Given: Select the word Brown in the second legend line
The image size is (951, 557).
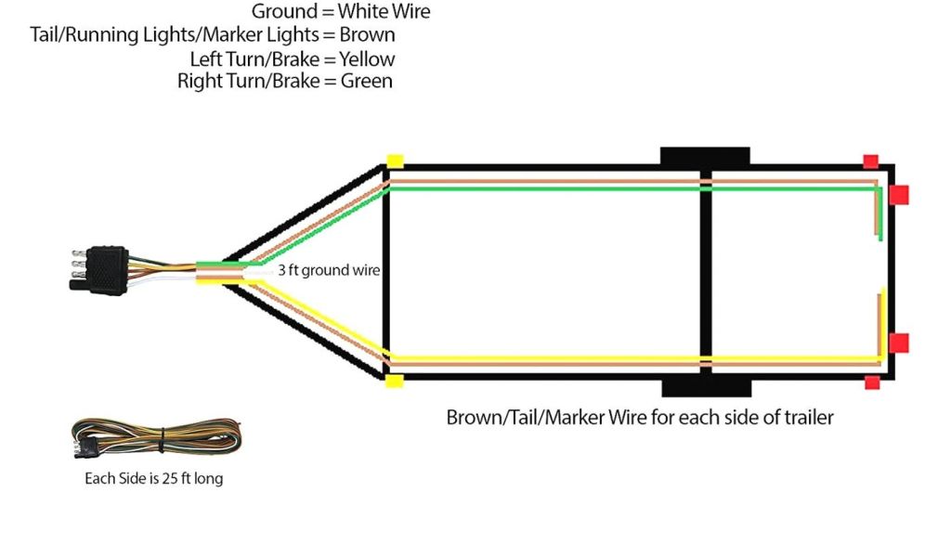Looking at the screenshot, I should pos(368,35).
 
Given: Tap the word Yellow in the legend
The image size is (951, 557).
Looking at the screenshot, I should pos(367,58).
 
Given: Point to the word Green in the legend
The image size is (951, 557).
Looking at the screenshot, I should pos(367,81).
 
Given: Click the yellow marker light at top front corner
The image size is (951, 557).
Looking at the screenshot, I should pos(395,161).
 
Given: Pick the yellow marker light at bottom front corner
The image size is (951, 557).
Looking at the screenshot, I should pos(395,382).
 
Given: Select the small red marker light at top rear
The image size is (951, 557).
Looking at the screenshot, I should pos(870,161).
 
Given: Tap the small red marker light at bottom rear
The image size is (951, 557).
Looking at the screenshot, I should pos(871,382).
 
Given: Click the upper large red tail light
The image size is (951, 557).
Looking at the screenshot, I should pos(898,195).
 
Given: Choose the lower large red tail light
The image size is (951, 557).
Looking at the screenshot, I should pos(898,343).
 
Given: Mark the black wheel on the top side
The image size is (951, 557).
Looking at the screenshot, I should pos(704,156).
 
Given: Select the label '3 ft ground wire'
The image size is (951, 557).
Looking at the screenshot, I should pos(329,271).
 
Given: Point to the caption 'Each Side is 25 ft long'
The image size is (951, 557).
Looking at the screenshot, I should pos(152,480).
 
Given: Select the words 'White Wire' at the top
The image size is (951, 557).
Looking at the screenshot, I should pos(384,12).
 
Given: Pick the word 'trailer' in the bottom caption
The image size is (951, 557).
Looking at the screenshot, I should pos(803,417).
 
